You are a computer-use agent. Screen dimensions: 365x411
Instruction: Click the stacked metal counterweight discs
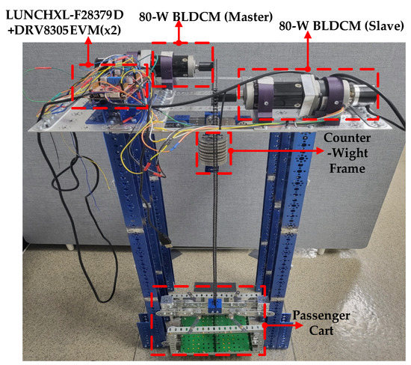tap(211, 152)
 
